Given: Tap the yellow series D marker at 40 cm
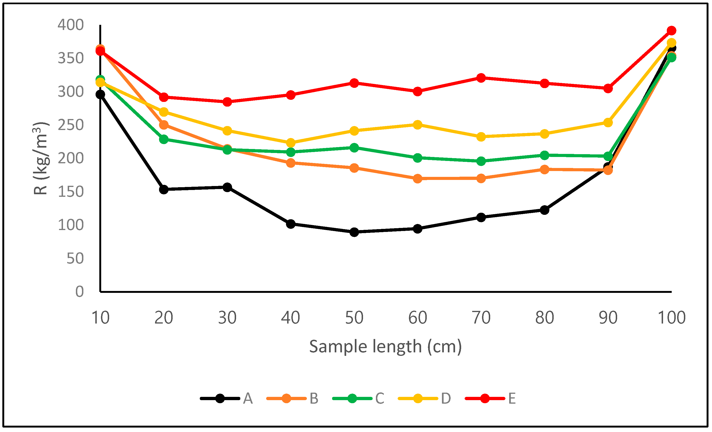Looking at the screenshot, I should (291, 143).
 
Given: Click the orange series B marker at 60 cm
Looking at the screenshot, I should (418, 179).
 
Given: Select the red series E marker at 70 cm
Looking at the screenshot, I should (481, 78).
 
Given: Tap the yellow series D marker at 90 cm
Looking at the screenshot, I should (608, 123).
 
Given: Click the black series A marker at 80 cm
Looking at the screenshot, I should (544, 210).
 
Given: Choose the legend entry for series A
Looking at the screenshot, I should (227, 398).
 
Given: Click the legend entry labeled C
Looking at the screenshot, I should (359, 398).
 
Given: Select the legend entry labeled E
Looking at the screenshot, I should (491, 398).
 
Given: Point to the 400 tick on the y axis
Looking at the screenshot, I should (71, 25).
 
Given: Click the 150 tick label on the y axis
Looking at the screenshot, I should (71, 192).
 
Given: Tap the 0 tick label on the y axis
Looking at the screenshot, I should (79, 292).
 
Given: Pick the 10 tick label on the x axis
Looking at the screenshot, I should (100, 318).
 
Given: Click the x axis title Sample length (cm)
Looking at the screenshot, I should (386, 346).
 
